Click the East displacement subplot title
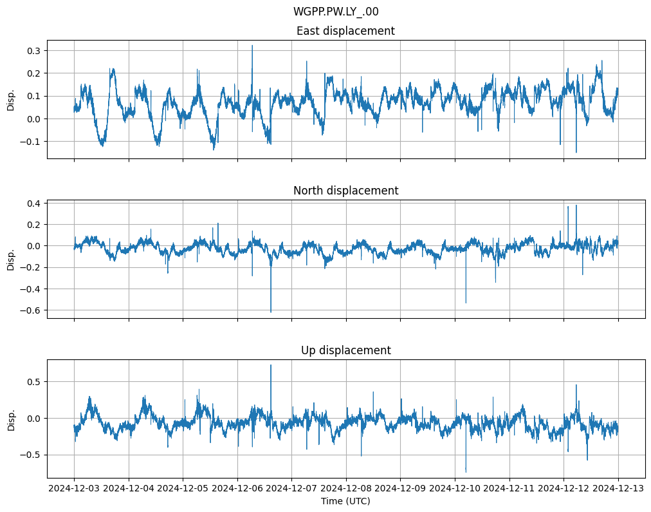pyautogui.click(x=345, y=31)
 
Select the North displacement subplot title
pyautogui.click(x=345, y=191)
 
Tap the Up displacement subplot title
pyautogui.click(x=345, y=350)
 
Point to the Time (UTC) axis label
pyautogui.click(x=345, y=501)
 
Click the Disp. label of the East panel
pyautogui.click(x=11, y=100)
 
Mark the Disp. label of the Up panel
pyautogui.click(x=11, y=419)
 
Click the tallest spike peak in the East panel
pyautogui.click(x=252, y=46)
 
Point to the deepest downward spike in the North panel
pyautogui.click(x=271, y=312)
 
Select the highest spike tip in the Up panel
pyautogui.click(x=271, y=365)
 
